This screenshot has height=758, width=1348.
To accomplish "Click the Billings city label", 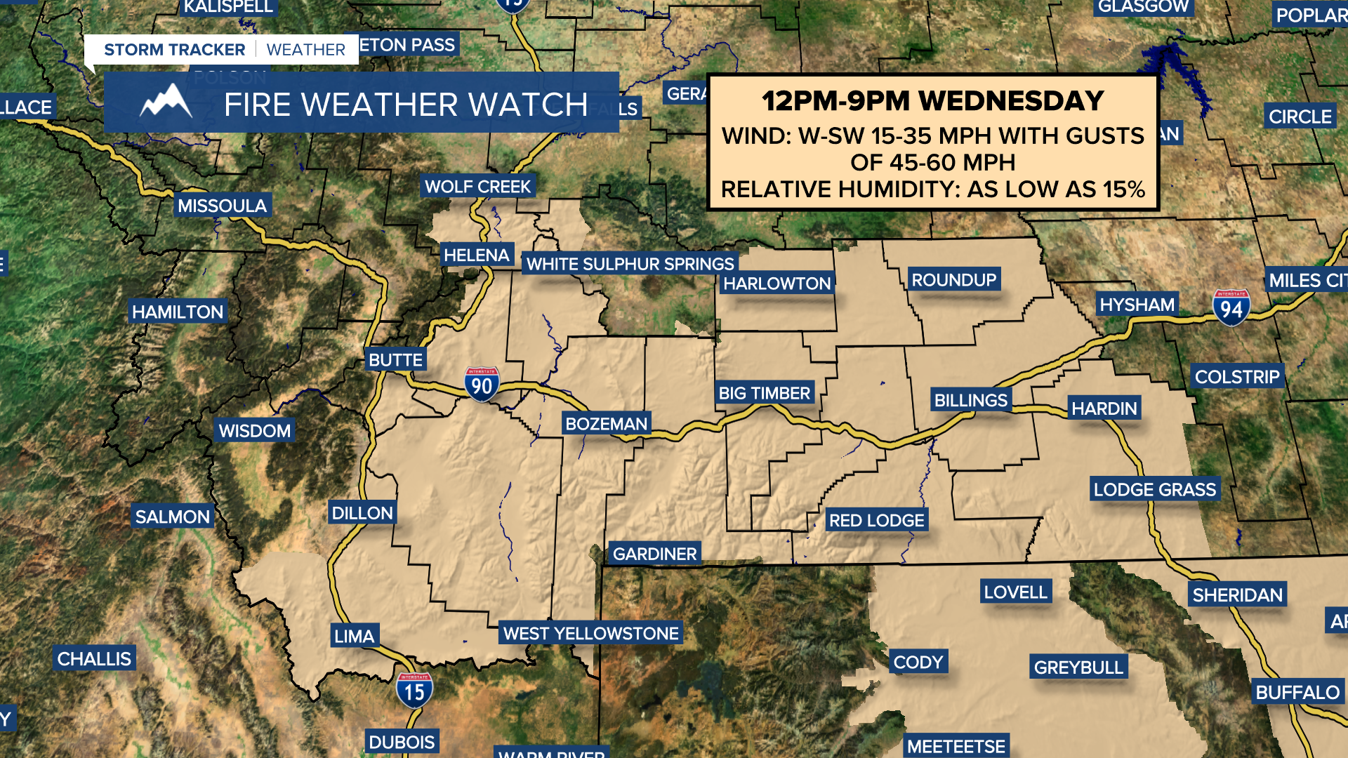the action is click(970, 400).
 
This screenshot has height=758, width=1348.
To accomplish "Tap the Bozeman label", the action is click(606, 424).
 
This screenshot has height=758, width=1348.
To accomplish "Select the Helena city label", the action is click(476, 255).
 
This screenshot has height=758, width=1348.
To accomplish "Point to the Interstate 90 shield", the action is click(482, 385).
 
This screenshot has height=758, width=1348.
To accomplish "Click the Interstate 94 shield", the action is click(1231, 308).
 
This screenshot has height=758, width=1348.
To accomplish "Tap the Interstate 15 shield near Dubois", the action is click(414, 691).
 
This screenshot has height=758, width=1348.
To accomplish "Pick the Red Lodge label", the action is click(876, 520).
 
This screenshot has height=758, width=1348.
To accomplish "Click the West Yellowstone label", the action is click(590, 633).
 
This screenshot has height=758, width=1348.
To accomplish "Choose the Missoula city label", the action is click(222, 206).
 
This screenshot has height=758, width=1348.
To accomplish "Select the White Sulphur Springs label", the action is click(630, 264).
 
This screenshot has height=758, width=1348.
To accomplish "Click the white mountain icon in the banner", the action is click(166, 102).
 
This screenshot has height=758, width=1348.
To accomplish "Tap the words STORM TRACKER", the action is click(174, 50).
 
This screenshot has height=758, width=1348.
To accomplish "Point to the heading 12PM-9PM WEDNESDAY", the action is click(933, 101).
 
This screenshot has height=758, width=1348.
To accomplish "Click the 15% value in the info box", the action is click(1123, 189).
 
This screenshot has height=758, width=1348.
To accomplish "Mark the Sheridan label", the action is click(1237, 595).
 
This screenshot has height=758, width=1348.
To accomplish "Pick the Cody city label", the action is click(918, 662).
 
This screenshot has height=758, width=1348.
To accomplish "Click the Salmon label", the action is click(172, 517).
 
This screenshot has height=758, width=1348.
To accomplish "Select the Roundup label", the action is click(953, 280).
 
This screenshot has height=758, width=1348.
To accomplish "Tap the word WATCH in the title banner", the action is click(528, 105).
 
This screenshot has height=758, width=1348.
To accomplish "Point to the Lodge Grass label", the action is click(1154, 489).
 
